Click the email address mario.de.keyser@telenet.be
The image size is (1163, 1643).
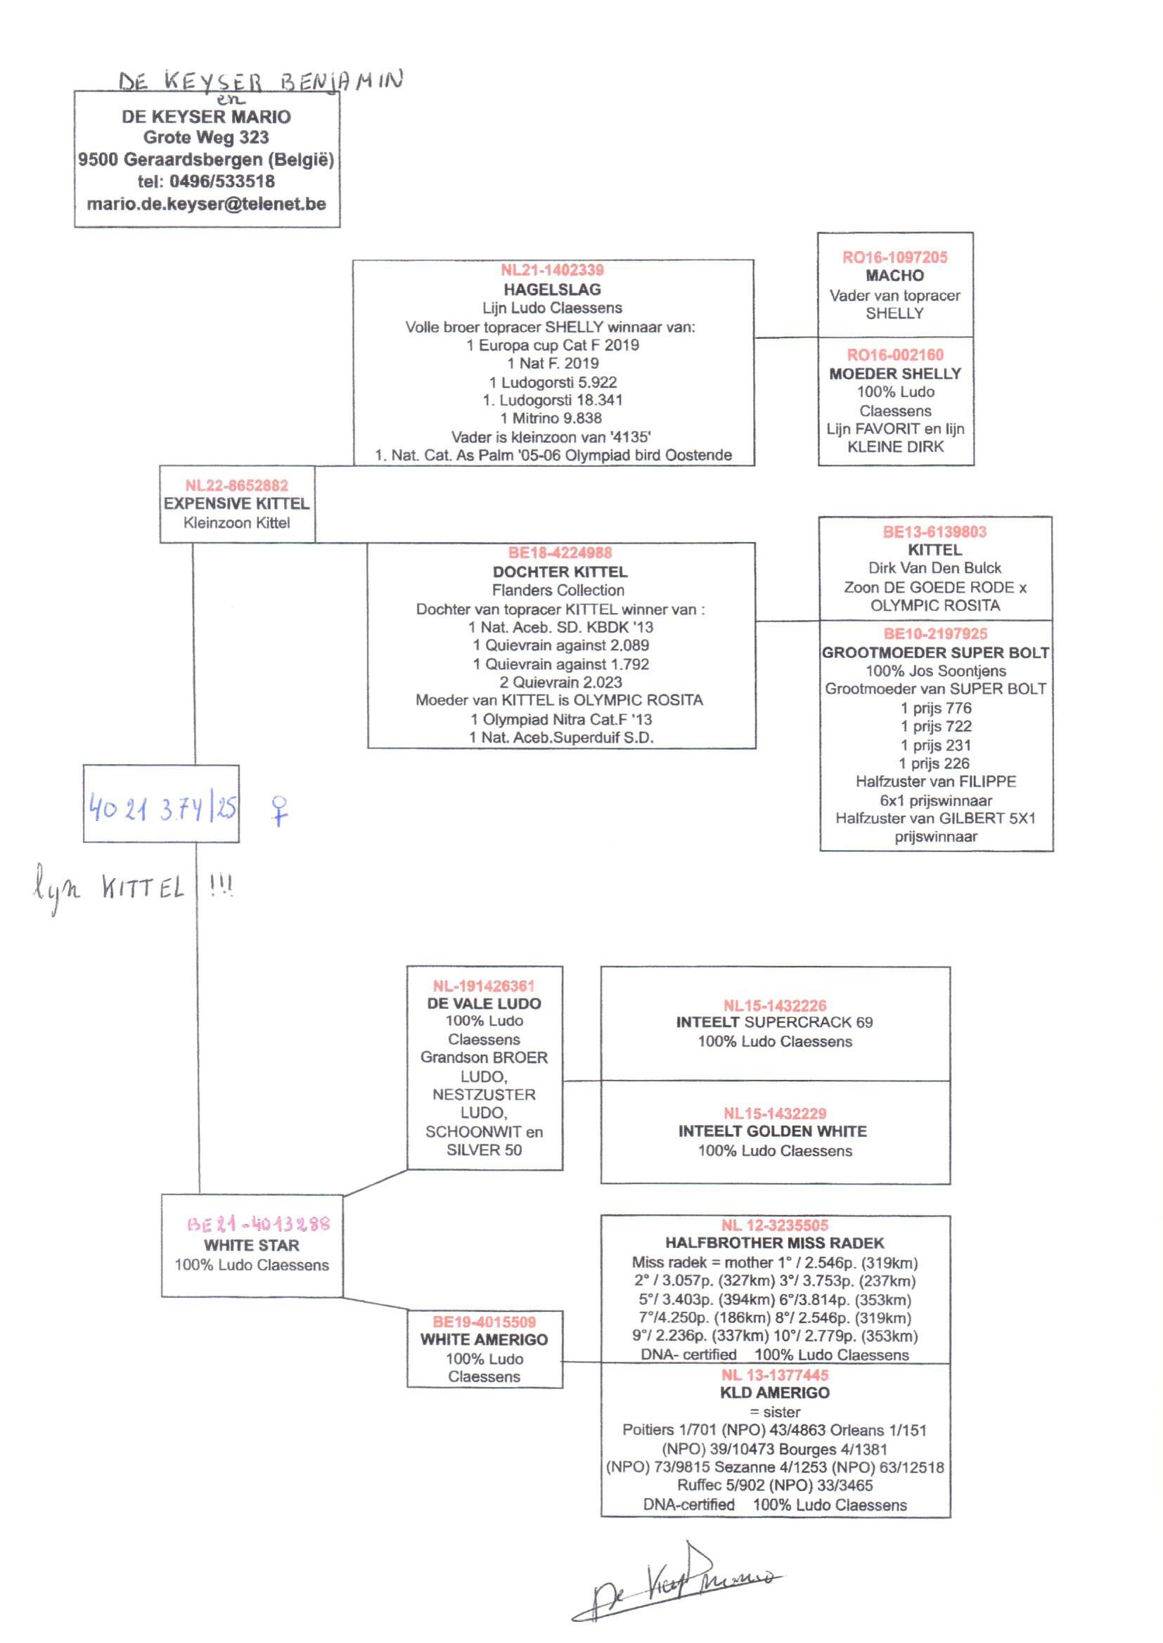pos(206,204)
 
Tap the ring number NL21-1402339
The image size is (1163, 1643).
pos(552,270)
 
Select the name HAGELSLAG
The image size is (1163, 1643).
pos(552,289)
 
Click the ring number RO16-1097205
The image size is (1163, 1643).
pos(894,257)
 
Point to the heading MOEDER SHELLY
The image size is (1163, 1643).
pos(895,373)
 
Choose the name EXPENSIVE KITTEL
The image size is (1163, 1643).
pos(236,503)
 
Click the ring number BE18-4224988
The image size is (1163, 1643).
pos(560,553)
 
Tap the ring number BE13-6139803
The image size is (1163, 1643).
pos(934,532)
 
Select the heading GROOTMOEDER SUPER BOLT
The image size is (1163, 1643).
pos(935,652)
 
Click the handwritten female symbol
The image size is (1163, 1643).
pos(279,811)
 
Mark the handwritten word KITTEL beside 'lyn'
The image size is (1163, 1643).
pos(143,889)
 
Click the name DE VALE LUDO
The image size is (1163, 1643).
pos(484,1003)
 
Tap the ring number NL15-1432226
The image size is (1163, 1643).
pos(775,1005)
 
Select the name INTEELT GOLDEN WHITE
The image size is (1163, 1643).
pos(773,1131)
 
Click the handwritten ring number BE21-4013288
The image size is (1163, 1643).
pos(259,1223)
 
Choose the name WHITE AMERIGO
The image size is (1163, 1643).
pos(484,1339)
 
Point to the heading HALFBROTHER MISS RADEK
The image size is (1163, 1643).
pos(775,1243)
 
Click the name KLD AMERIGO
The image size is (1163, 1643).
pos(775,1393)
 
